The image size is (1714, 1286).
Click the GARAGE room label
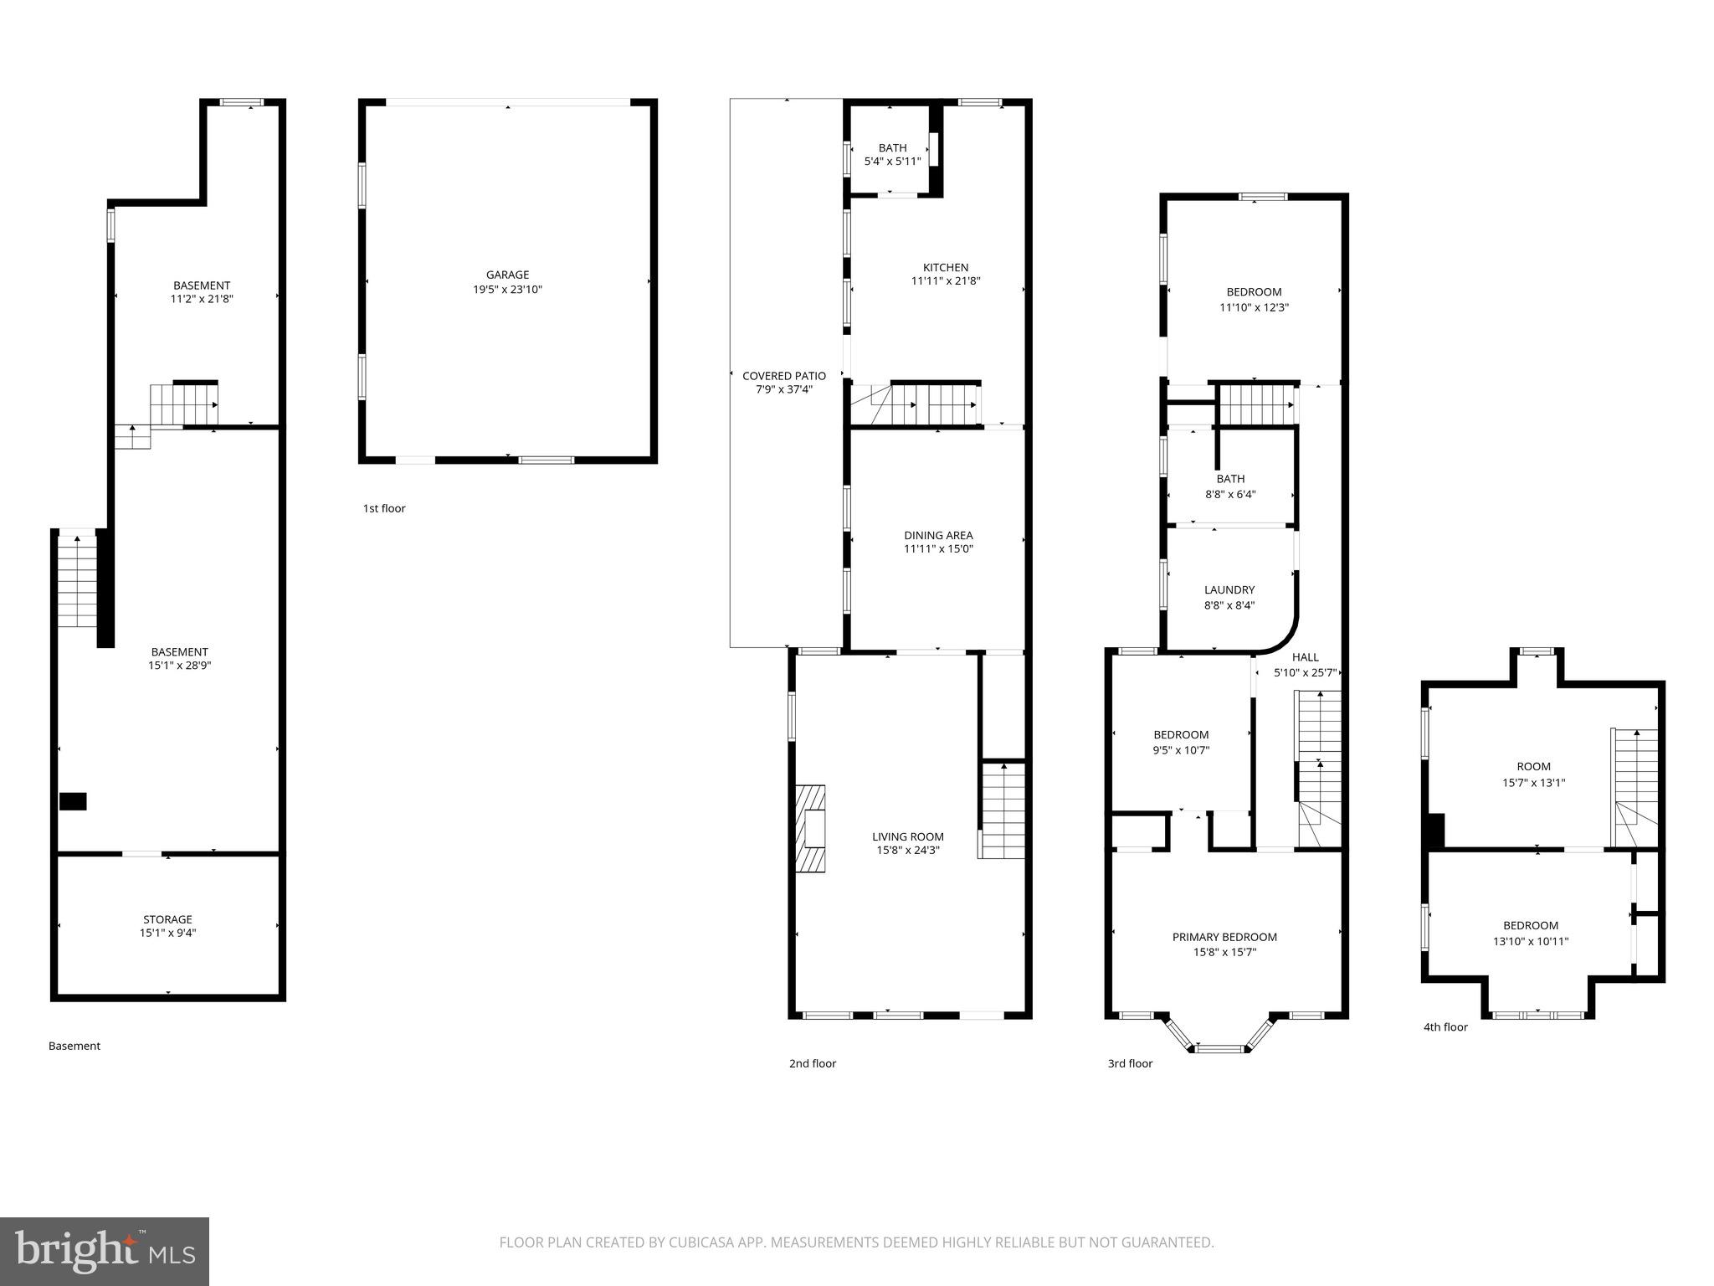point(507,275)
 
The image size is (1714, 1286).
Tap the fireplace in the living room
point(810,829)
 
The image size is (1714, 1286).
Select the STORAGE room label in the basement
point(167,919)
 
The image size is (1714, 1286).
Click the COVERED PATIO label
point(784,376)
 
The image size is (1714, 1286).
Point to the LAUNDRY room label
point(1229,589)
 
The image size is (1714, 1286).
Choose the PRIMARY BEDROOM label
point(1224,937)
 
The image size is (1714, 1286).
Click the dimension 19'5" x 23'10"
point(507,290)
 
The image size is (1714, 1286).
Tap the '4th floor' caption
point(1445,1026)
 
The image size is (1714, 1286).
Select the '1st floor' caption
point(384,508)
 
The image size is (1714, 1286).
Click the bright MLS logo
point(105,1251)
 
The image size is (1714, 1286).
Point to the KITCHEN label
point(946,267)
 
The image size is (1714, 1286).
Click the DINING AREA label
point(938,535)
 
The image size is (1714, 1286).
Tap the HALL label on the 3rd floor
point(1305,657)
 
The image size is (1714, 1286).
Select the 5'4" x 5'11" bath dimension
point(892,162)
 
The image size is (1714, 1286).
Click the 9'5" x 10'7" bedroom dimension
point(1181,750)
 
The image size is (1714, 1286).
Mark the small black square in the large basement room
point(73,801)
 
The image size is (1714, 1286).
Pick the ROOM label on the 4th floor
point(1533,766)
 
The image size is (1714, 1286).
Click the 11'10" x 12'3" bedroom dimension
point(1254,307)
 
